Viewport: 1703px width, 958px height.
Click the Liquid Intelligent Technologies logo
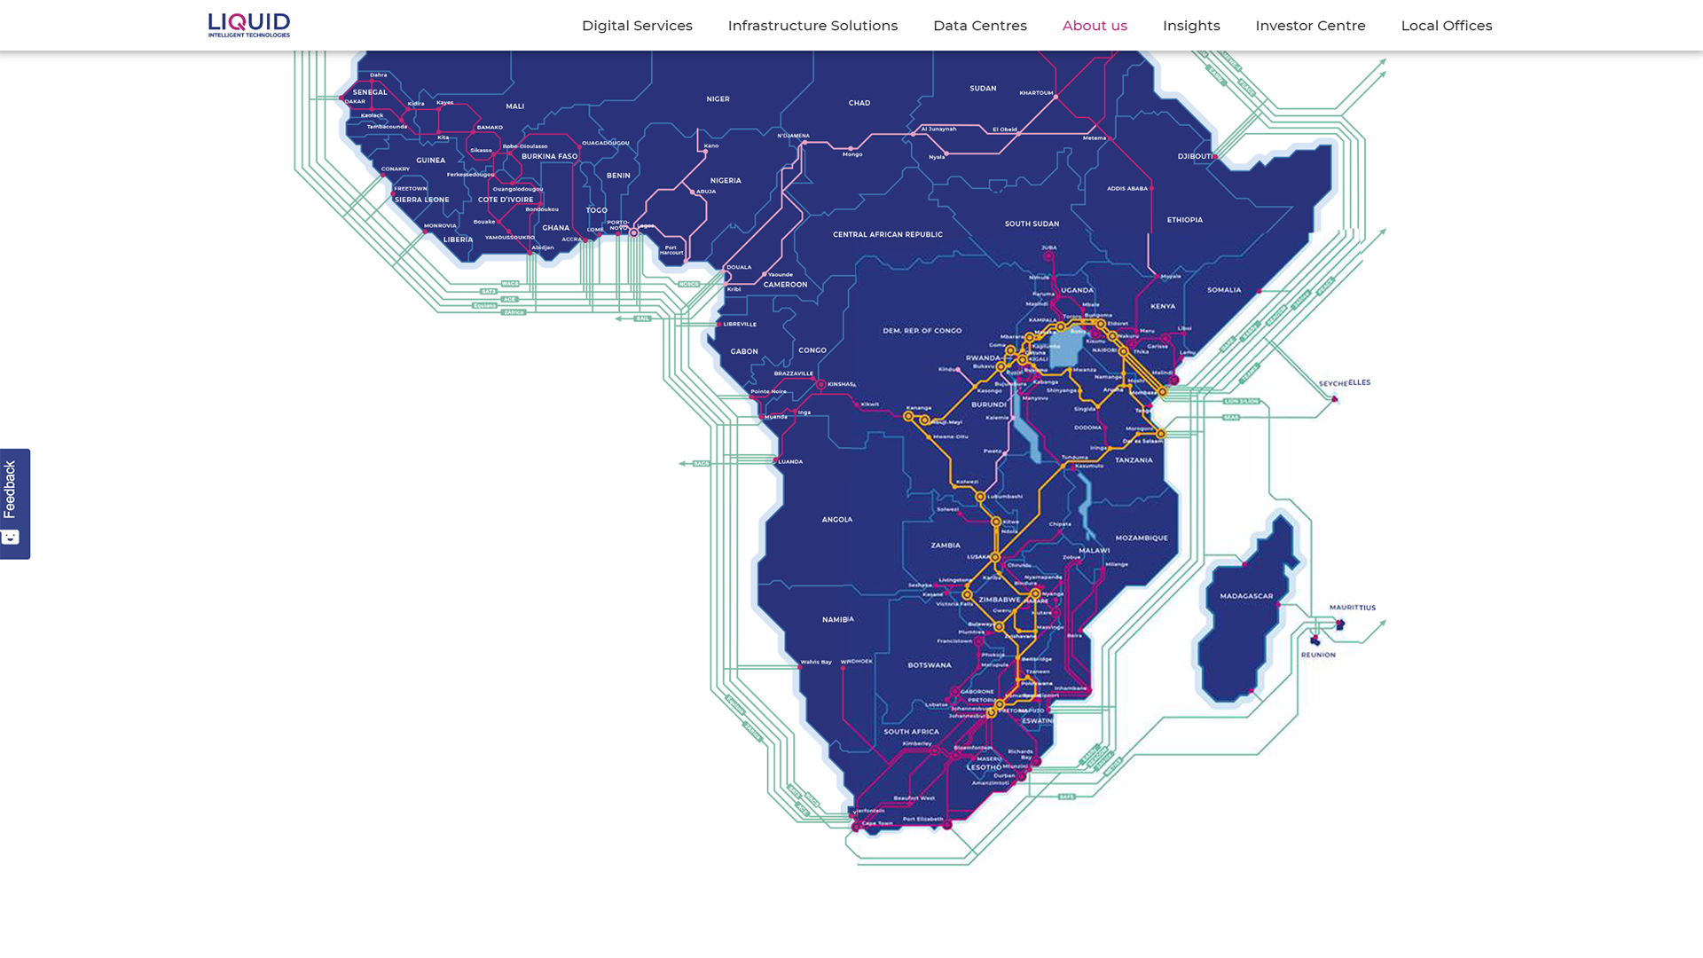[248, 25]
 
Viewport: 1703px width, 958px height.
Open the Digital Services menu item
[637, 26]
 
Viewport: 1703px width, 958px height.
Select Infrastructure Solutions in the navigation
[812, 26]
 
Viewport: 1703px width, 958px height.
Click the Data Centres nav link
[979, 26]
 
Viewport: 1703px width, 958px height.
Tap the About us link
[1095, 26]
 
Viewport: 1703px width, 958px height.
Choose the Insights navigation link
[1191, 26]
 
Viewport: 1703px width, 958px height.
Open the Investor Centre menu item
[1310, 26]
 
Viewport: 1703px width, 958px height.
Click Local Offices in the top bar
[1446, 26]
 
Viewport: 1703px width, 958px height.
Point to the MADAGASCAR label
[1246, 596]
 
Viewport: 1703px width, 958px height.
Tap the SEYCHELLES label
[1345, 383]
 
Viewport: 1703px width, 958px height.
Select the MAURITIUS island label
[1352, 608]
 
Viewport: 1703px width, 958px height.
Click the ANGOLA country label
[836, 520]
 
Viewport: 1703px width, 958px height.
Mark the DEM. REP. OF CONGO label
[922, 331]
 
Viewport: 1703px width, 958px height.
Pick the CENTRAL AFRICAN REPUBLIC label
[887, 235]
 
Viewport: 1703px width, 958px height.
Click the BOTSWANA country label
[929, 665]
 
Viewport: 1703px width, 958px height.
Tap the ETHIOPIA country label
[1184, 220]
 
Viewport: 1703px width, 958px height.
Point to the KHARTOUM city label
[1036, 93]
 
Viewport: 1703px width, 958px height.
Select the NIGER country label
[718, 99]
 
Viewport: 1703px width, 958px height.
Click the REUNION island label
[1318, 655]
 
